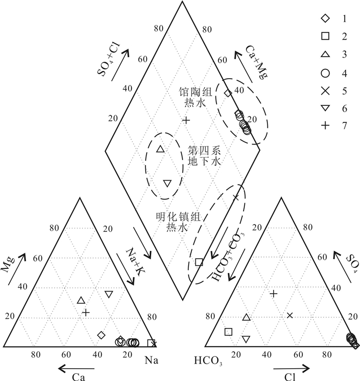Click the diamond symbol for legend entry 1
click(x=325, y=19)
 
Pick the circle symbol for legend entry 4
click(x=325, y=72)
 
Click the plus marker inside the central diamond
click(x=186, y=120)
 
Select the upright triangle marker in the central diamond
click(x=160, y=149)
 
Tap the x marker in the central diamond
click(x=236, y=197)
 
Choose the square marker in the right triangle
click(x=228, y=332)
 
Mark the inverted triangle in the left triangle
click(x=109, y=294)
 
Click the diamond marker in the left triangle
click(x=101, y=335)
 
